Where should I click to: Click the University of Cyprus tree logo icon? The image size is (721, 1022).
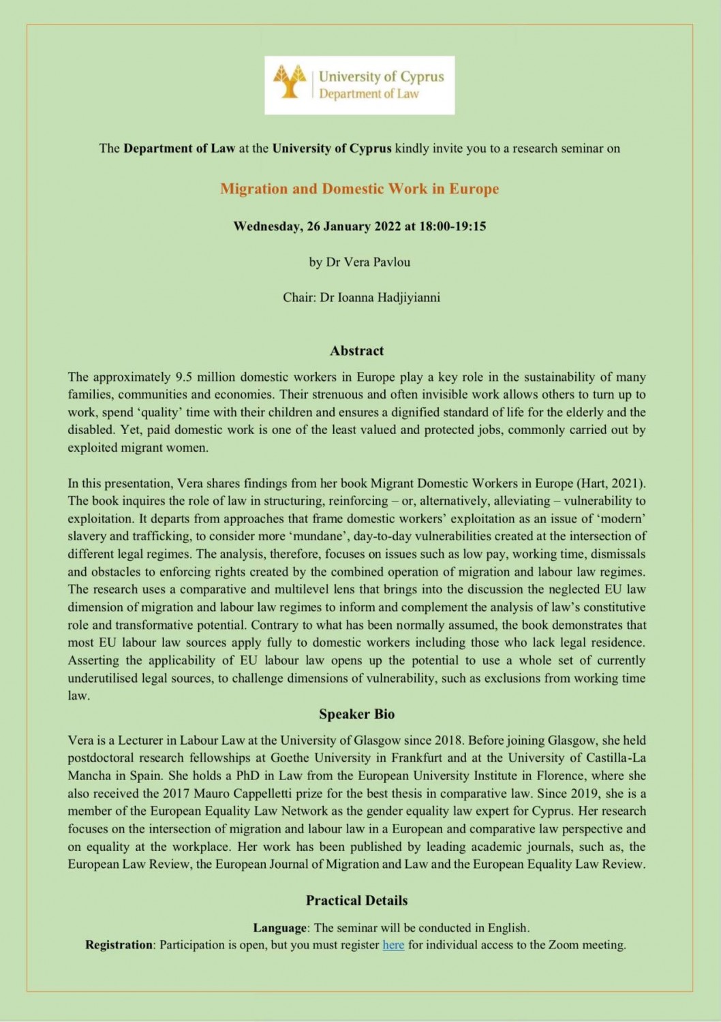pos(289,82)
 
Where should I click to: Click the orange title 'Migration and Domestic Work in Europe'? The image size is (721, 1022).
pos(359,189)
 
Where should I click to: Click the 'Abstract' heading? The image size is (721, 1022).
pos(356,351)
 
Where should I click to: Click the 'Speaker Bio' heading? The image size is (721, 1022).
pos(356,714)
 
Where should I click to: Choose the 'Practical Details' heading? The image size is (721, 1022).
pos(356,900)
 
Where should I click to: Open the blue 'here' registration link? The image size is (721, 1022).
pos(393,945)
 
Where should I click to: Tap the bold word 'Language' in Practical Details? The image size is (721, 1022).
pos(280,927)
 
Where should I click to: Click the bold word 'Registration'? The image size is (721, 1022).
pos(119,945)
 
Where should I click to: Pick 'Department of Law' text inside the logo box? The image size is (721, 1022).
pos(369,94)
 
